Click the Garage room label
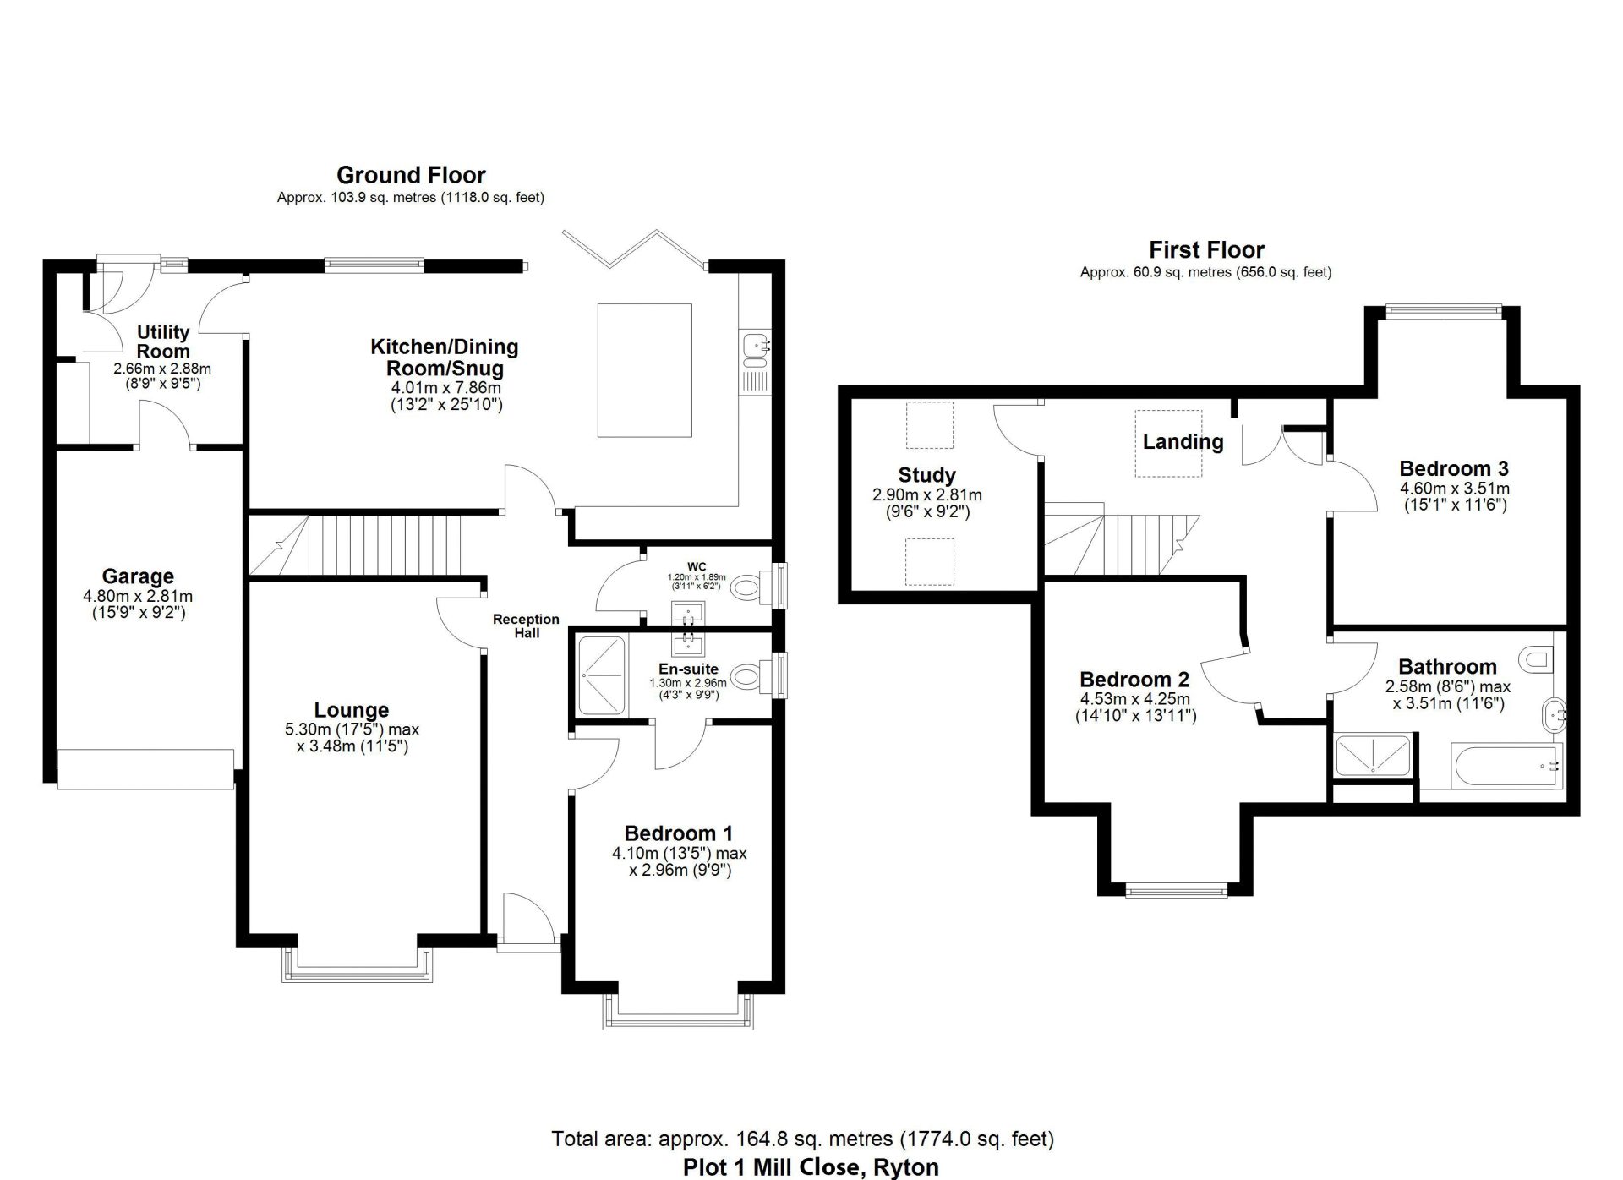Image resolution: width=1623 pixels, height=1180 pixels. coord(138,576)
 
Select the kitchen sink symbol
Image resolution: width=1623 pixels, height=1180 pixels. coord(754,346)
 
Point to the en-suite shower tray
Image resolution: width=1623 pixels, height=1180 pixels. coord(602,676)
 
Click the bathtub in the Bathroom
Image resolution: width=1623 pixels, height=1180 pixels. coord(1506,766)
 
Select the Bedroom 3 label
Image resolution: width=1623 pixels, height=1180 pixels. coord(1453,469)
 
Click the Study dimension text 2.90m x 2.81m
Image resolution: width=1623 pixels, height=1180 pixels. coord(926,495)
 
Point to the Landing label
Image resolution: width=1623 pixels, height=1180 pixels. coord(1183,442)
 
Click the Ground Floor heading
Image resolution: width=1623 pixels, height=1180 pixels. coord(411,175)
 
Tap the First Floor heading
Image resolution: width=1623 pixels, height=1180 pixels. coord(1206,250)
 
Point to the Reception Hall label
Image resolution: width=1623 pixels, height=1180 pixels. coord(526,626)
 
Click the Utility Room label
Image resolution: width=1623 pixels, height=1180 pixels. coord(163,341)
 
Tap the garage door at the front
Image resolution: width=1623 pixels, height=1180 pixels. coord(145,768)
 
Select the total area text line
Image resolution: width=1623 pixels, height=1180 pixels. coord(802,1139)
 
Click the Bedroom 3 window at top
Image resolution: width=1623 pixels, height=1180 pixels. coord(1443,310)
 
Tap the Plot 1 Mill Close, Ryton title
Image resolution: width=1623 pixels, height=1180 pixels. coord(811,1167)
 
